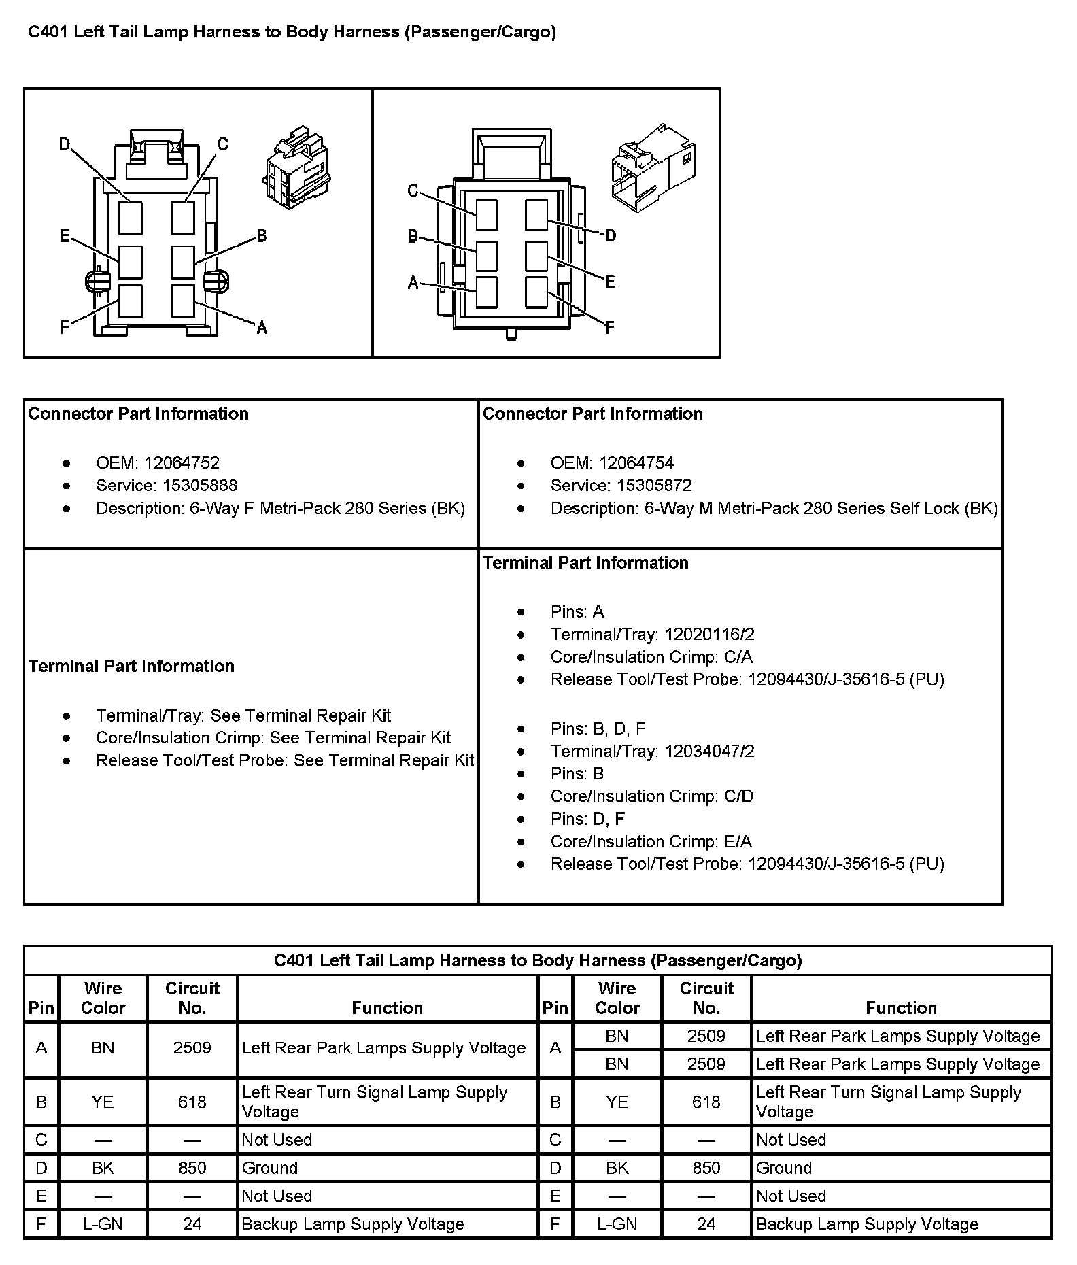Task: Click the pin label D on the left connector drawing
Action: [x=65, y=144]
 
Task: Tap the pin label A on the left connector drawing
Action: [x=262, y=328]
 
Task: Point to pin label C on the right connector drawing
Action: [x=413, y=190]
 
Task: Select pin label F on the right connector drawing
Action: [x=610, y=328]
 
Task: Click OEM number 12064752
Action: [x=182, y=463]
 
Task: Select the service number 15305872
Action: [x=654, y=486]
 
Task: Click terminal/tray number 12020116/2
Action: [x=709, y=635]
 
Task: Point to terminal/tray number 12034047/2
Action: [x=709, y=752]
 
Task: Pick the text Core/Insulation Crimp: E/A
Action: [x=651, y=842]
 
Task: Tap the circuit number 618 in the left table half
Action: [x=192, y=1102]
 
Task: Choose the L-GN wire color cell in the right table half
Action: [x=617, y=1224]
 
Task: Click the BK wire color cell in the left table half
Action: [x=103, y=1168]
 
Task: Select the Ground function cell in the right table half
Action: [x=784, y=1168]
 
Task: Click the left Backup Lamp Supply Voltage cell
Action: [x=353, y=1224]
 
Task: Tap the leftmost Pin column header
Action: [x=41, y=1008]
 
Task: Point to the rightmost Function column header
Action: [x=901, y=1008]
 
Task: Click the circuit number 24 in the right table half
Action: [x=706, y=1224]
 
